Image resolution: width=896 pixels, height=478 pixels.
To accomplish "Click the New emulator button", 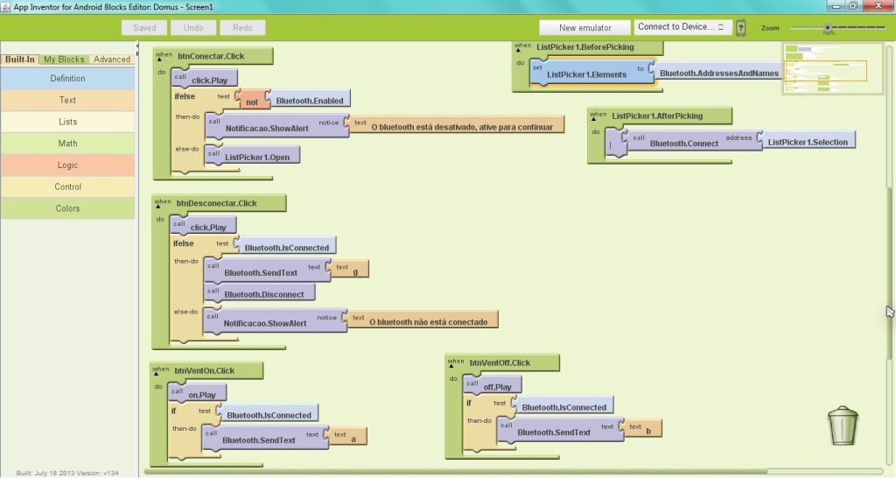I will tap(585, 28).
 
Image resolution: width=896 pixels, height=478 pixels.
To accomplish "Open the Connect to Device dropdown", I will tap(682, 27).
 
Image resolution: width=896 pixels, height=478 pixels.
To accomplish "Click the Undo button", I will tap(193, 28).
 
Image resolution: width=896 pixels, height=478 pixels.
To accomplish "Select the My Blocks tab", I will tap(64, 60).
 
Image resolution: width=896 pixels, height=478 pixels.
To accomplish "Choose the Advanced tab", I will tap(112, 60).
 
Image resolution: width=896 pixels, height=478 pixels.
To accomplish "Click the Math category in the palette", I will tap(67, 144).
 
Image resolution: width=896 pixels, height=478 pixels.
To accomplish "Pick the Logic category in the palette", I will tap(67, 165).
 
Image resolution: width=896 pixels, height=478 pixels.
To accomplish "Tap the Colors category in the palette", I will tap(67, 208).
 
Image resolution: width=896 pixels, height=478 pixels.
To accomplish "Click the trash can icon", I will tap(843, 425).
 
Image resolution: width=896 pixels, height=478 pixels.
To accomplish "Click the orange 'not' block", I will tap(252, 101).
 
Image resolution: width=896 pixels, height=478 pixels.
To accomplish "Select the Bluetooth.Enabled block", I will tap(309, 101).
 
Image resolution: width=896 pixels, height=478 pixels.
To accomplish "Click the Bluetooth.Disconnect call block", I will tap(262, 294).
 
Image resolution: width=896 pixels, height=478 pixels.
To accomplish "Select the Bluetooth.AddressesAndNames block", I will tap(718, 74).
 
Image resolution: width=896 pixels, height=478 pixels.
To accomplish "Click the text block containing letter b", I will tap(644, 429).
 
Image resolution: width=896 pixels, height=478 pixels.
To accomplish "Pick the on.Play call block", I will tap(200, 394).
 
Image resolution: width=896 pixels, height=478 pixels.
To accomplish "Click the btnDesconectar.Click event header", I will tap(218, 203).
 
